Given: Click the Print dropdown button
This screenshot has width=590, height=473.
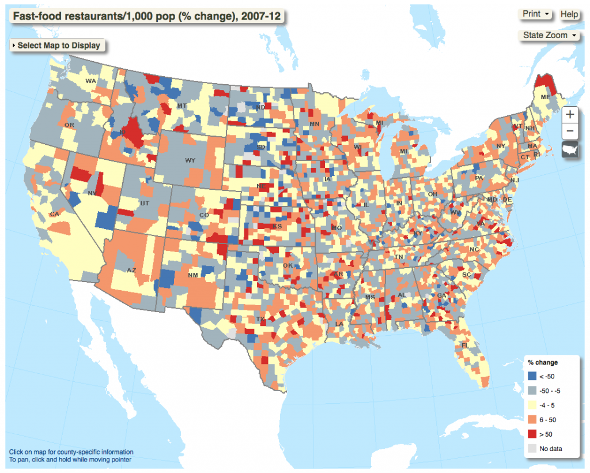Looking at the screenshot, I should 536,14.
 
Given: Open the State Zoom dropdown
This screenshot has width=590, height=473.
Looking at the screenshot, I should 550,35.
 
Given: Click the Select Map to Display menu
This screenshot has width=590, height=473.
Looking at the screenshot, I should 58,45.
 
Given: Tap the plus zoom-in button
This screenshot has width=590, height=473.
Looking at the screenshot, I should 569,114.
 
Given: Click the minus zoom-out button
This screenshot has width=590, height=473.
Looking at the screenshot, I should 569,131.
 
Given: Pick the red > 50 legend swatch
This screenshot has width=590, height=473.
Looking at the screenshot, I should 532,434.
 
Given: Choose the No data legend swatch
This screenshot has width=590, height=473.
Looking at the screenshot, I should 532,448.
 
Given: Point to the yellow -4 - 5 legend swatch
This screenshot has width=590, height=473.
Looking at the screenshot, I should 532,406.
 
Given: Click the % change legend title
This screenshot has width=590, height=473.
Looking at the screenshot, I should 542,363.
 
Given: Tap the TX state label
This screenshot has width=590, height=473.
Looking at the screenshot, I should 260,319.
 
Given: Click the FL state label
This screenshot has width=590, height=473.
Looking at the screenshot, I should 464,346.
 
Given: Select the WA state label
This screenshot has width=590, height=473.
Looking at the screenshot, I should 90,81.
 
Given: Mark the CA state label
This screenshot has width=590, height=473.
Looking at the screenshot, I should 55,214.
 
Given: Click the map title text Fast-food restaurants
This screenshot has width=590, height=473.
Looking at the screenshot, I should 147,16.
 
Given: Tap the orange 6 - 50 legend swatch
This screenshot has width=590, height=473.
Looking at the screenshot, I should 532,420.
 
